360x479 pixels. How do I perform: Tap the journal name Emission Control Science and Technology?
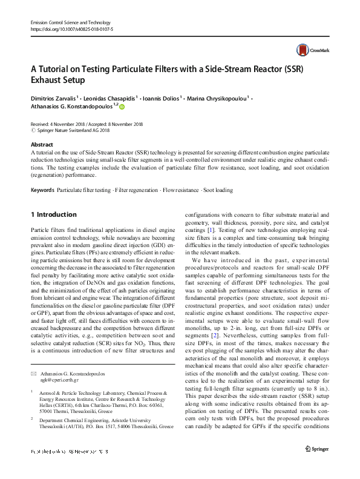68,22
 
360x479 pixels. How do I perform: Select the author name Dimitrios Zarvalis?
53,99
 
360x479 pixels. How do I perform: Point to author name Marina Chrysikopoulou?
220,99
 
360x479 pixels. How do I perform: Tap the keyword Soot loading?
218,190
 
